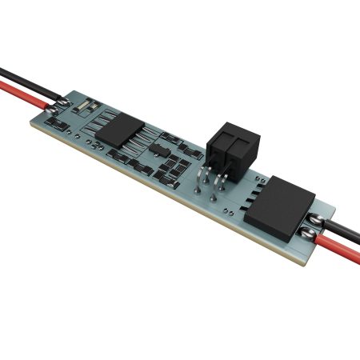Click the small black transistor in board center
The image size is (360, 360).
click(x=160, y=150)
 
